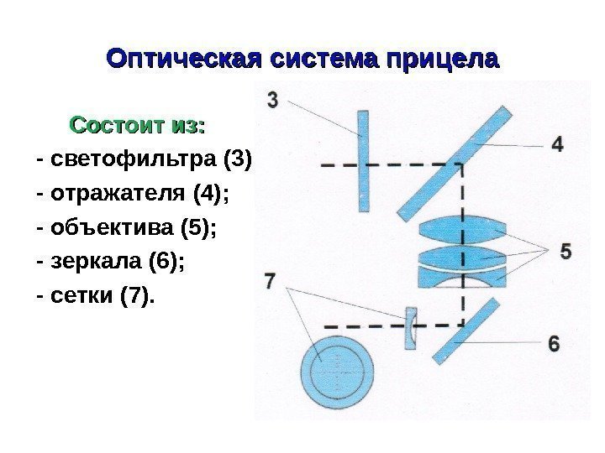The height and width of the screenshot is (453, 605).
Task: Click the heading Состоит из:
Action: coord(138,126)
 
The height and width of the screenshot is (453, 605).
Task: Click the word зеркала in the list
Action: coord(96,262)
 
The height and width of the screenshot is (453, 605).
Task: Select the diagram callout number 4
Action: coord(556,144)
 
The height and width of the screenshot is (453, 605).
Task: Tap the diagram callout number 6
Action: coord(553,343)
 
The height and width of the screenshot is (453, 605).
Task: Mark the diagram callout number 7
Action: coord(270,280)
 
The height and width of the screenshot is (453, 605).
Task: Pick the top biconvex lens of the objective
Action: coord(462,231)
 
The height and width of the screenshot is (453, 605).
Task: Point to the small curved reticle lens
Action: coord(410,326)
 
